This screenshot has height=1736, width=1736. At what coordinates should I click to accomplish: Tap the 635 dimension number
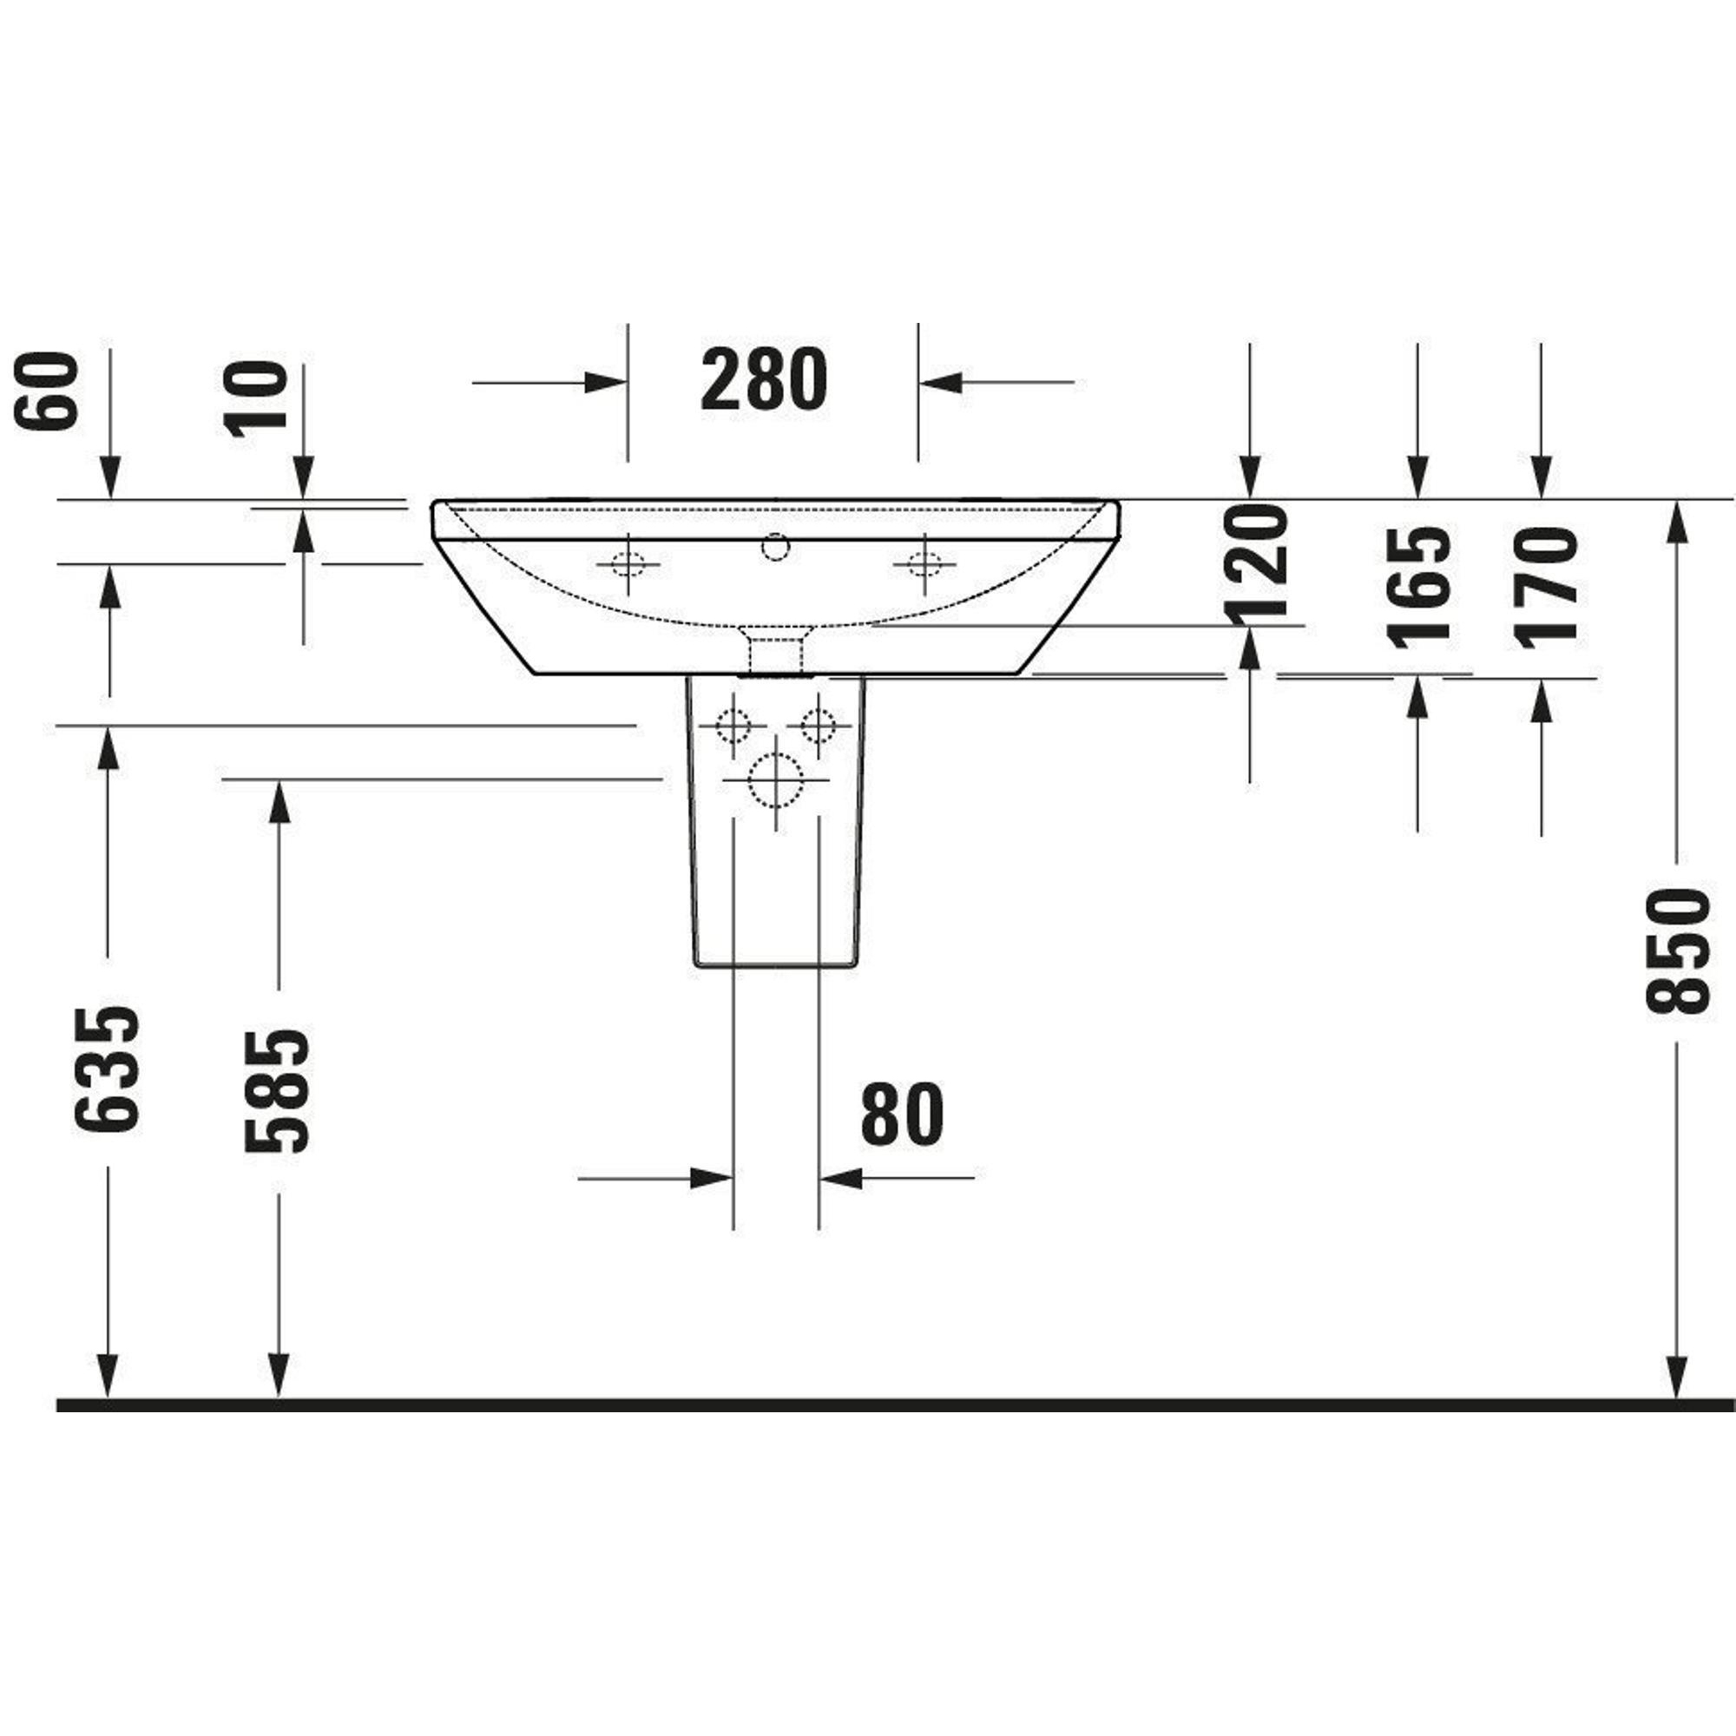click(108, 1069)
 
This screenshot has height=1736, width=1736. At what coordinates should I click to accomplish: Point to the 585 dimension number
click(278, 1090)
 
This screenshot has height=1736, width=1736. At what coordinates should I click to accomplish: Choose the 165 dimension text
click(1420, 587)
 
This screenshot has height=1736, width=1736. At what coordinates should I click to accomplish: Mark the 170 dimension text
click(1546, 587)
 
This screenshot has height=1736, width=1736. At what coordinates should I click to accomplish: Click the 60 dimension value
click(47, 391)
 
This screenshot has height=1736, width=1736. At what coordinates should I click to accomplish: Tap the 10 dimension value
click(256, 399)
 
